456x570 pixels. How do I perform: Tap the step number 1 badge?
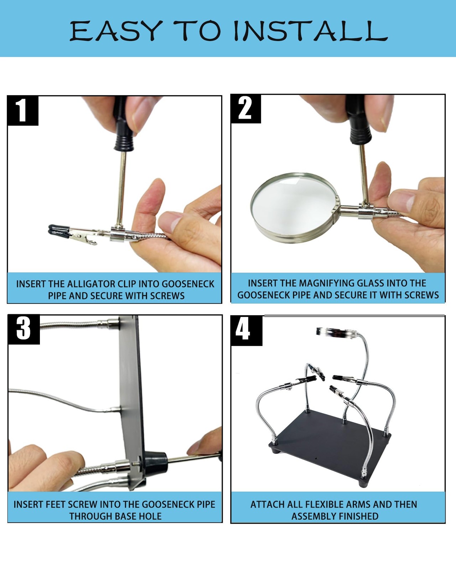click(x=23, y=110)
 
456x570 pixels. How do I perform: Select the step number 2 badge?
click(x=245, y=109)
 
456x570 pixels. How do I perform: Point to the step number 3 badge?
click(x=24, y=329)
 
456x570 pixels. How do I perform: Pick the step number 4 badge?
click(x=247, y=330)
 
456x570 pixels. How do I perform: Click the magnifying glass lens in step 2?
click(x=293, y=207)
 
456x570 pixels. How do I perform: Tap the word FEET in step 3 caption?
click(x=56, y=504)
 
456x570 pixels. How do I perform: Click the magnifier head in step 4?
click(x=337, y=333)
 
